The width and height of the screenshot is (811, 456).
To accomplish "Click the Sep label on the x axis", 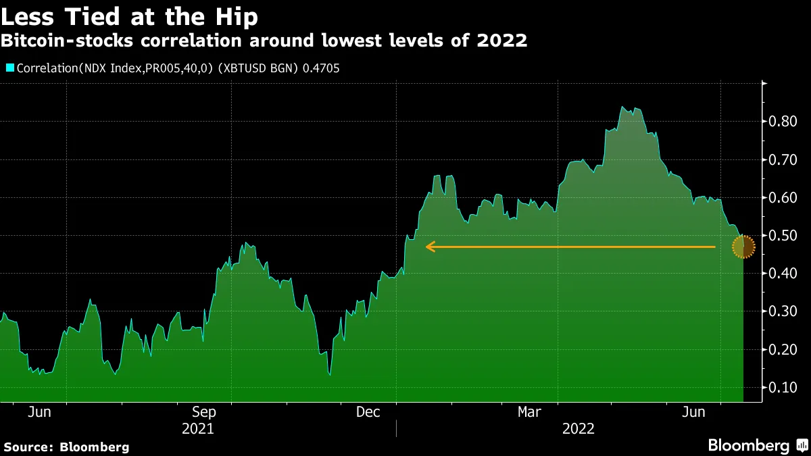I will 204,412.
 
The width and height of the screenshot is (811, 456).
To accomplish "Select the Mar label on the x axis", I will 530,412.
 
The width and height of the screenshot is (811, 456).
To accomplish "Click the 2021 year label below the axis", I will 199,429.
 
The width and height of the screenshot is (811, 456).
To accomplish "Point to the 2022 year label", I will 578,429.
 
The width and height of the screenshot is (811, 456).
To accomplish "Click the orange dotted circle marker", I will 743,247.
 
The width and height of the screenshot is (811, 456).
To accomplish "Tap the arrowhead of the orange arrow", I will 430,247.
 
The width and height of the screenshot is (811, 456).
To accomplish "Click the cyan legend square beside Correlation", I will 9,68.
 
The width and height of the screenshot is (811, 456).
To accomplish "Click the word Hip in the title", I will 236,15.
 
